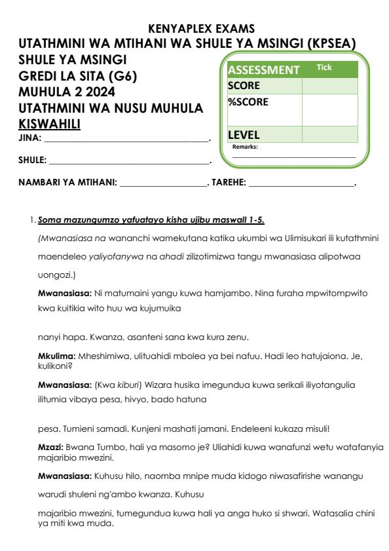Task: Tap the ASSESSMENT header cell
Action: point(263,69)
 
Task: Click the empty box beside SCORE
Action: point(329,86)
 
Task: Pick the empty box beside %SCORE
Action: point(329,109)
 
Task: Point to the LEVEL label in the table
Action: point(244,134)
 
